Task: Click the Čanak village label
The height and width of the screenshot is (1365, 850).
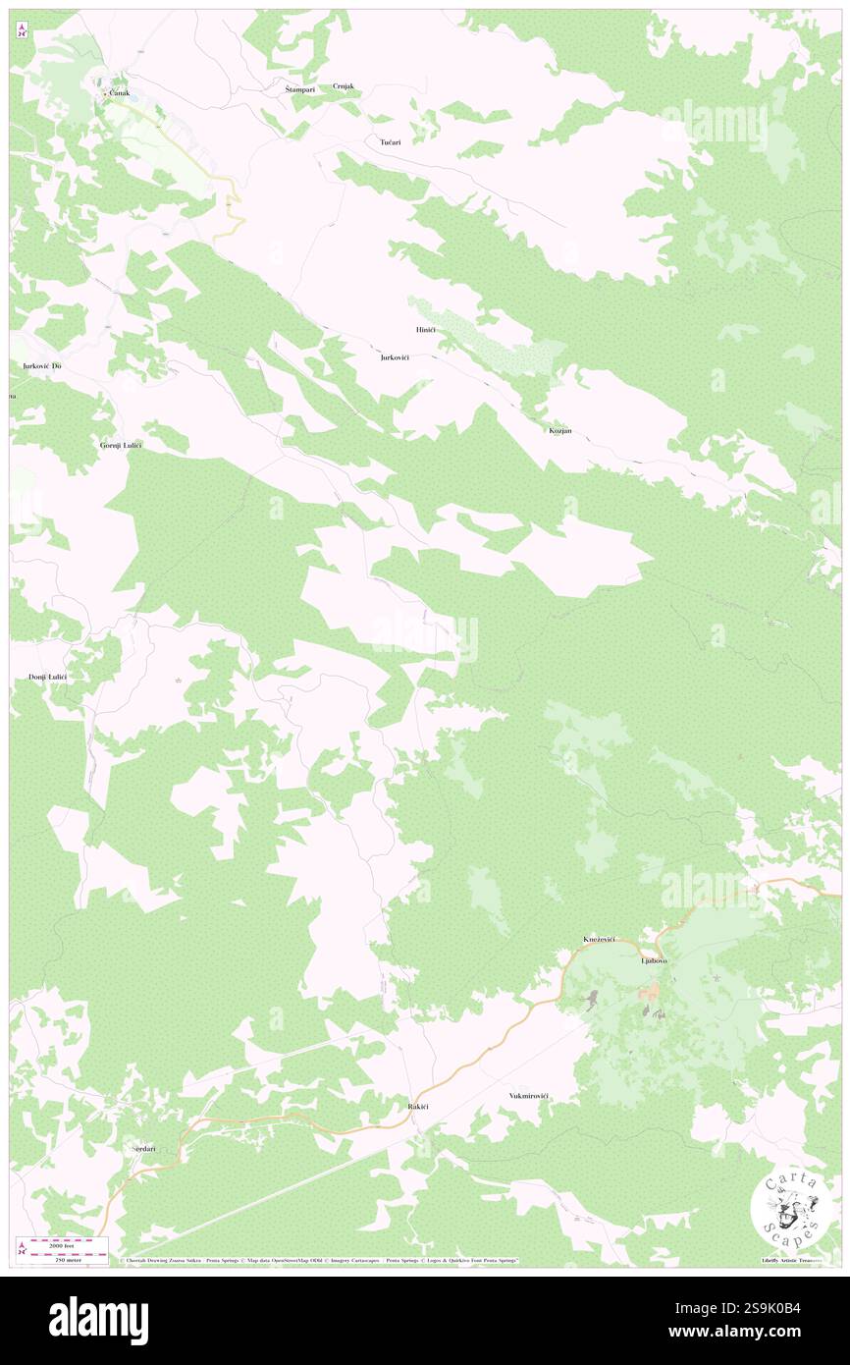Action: point(120,93)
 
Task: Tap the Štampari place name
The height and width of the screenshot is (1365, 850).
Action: point(292,88)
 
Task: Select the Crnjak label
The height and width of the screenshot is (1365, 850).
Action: point(343,86)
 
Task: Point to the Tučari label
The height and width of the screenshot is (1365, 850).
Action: point(390,142)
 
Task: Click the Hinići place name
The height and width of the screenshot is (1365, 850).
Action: point(425,329)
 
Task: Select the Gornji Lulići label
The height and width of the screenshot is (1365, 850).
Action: point(121,445)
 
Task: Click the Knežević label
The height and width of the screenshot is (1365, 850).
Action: point(599,940)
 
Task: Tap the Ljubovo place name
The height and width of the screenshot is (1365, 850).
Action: point(654,960)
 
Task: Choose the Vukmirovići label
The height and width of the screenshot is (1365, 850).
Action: point(529,1096)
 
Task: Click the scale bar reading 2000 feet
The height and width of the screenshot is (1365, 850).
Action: point(69,1244)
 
